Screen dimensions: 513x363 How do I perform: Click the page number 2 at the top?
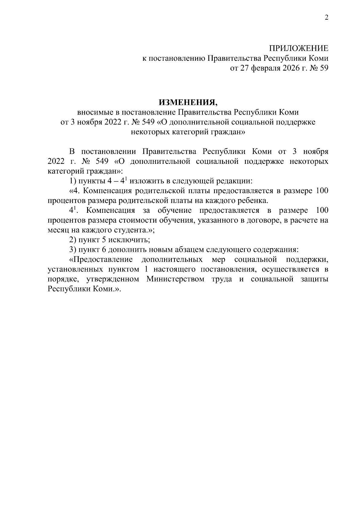(326, 18)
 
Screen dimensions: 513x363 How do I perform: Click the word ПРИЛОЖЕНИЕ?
(299, 49)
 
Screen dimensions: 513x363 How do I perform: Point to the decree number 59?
(324, 69)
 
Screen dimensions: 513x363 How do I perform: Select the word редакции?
(235, 181)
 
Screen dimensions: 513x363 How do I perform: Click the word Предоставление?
(101, 260)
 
